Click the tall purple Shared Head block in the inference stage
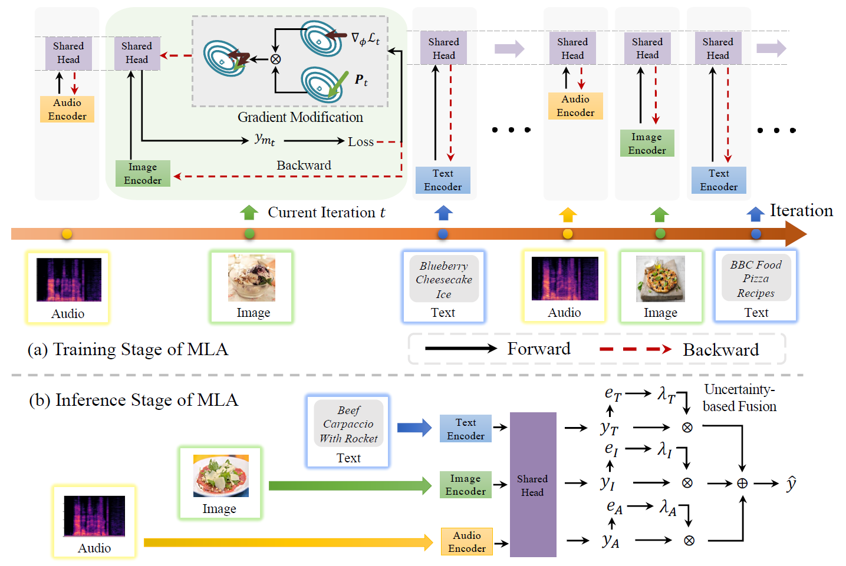tap(532, 485)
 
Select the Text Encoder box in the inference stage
tap(465, 429)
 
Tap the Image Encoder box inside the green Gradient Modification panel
tap(143, 174)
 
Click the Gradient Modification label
tap(300, 117)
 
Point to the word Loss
tap(360, 142)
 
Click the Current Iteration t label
tap(326, 213)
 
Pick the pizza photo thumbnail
tap(660, 279)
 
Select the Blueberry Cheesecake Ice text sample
tap(443, 280)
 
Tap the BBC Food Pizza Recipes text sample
tap(756, 279)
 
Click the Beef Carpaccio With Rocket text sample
tap(348, 424)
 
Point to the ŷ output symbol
tap(791, 484)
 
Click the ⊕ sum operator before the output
tap(742, 484)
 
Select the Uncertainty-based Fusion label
tap(739, 398)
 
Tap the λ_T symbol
tap(666, 393)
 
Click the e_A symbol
tap(614, 507)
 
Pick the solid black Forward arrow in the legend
tap(461, 349)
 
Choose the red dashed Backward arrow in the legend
tap(635, 349)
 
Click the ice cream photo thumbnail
tap(252, 278)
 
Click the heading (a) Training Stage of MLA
tap(127, 349)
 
